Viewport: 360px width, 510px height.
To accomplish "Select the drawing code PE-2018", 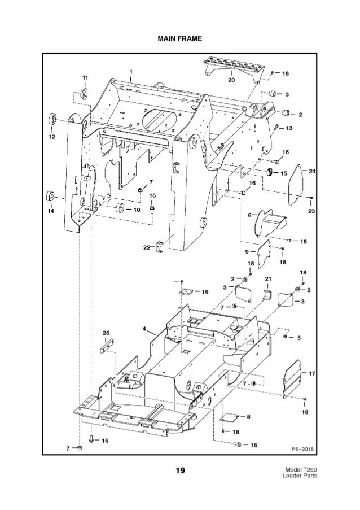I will pos(302,449).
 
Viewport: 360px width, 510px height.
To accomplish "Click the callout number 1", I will pos(130,72).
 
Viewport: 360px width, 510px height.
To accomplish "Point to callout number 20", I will pos(231,80).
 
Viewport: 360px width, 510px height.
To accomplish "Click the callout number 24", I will pos(312,169).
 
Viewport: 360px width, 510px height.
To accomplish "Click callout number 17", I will pos(312,373).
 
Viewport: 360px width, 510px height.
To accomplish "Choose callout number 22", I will pos(146,247).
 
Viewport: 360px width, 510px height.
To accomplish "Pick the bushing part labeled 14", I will pos(51,197).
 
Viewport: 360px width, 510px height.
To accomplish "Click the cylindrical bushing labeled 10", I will pos(120,210).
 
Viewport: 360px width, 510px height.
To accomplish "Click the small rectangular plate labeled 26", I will pos(107,345).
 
